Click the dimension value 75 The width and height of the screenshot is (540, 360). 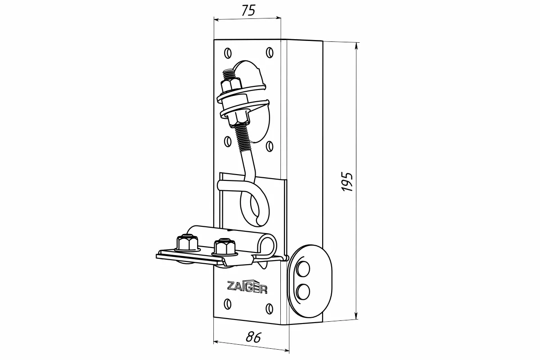(247, 11)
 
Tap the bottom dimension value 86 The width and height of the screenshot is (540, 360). (254, 337)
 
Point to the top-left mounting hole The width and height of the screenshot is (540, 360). (228, 53)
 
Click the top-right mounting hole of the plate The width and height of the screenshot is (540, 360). (269, 53)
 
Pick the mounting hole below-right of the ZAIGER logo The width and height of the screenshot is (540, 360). (269, 309)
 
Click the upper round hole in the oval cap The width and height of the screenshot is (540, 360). (302, 269)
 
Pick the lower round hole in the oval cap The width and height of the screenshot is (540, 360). (302, 291)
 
